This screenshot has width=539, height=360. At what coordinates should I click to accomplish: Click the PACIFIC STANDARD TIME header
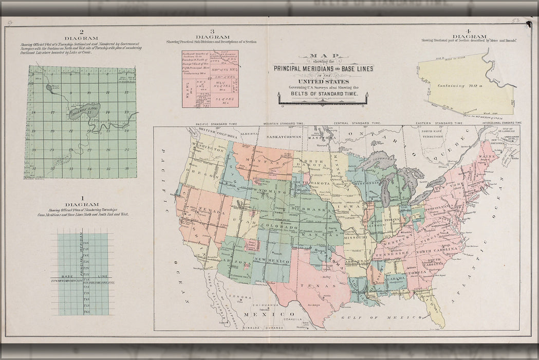pos(215,124)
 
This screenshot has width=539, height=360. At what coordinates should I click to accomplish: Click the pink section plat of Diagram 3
pos(210,78)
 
